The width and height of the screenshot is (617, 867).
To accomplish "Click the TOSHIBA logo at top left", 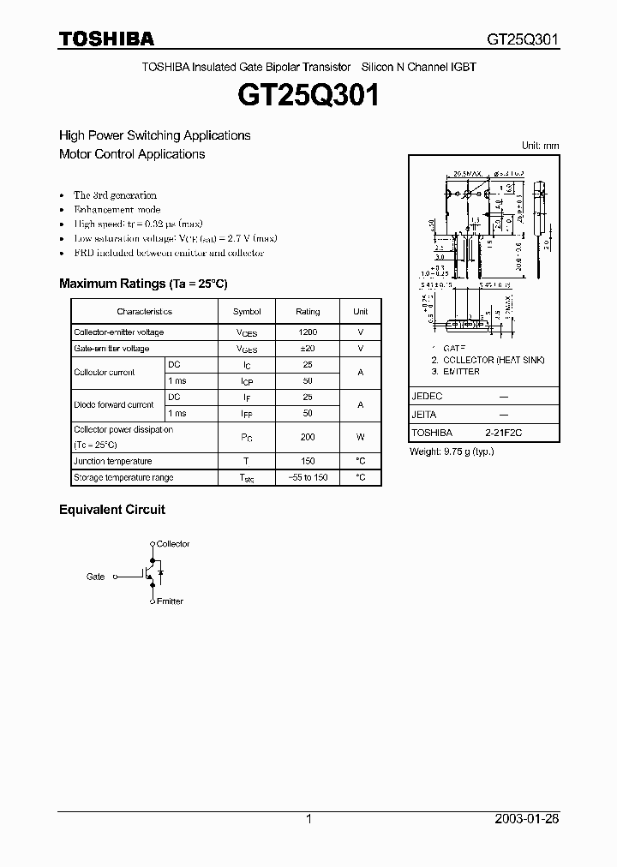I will pyautogui.click(x=106, y=39).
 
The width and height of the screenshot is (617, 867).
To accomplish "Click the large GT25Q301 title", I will pyautogui.click(x=308, y=96).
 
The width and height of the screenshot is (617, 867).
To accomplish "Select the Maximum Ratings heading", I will pyautogui.click(x=143, y=284).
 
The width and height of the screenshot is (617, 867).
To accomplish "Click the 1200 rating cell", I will pyautogui.click(x=308, y=332).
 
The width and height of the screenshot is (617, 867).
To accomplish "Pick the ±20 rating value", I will pyautogui.click(x=308, y=349).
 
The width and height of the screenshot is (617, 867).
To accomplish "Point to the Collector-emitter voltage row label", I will pyautogui.click(x=119, y=332).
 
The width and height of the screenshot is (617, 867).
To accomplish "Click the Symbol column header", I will pyautogui.click(x=247, y=312).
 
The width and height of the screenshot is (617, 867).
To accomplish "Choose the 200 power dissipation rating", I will pyautogui.click(x=308, y=437).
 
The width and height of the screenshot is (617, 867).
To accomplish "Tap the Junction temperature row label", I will pyautogui.click(x=113, y=461).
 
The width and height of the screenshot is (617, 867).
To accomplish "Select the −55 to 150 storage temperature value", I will pyautogui.click(x=308, y=477).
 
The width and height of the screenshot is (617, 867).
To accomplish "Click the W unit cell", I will pyautogui.click(x=361, y=437).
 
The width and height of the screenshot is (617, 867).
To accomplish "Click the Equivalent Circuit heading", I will pyautogui.click(x=112, y=510).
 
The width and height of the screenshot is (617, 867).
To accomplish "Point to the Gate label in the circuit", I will pyautogui.click(x=95, y=577).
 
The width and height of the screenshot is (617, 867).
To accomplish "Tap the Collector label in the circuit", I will pyautogui.click(x=173, y=544).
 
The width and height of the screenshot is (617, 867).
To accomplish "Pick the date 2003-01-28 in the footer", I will pyautogui.click(x=527, y=819).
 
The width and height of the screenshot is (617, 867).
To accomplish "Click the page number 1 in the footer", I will pyautogui.click(x=308, y=819).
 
